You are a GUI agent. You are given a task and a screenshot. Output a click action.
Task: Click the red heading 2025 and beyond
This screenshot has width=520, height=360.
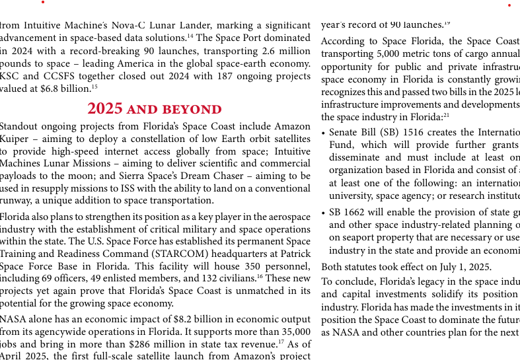pyautogui.click(x=155, y=109)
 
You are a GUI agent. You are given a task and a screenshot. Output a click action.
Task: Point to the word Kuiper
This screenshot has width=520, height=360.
pyautogui.click(x=15, y=139)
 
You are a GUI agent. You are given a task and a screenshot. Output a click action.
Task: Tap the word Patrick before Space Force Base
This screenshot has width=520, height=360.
pyautogui.click(x=293, y=254)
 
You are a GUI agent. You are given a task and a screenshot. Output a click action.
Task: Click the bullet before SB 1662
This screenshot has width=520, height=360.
pyautogui.click(x=323, y=213)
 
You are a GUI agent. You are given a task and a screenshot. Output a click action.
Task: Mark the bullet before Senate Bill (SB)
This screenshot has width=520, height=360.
pyautogui.click(x=323, y=133)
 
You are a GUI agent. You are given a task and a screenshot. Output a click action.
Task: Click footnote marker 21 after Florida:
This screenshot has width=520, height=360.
pyautogui.click(x=447, y=115)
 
